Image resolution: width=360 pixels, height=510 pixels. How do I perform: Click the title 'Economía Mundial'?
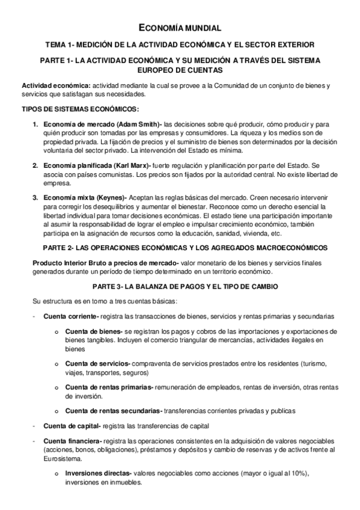click(180, 28)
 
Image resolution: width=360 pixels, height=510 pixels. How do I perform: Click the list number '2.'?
click(35, 165)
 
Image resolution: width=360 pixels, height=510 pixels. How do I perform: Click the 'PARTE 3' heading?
click(180, 285)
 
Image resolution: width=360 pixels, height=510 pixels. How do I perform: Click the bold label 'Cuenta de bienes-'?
click(94, 331)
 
